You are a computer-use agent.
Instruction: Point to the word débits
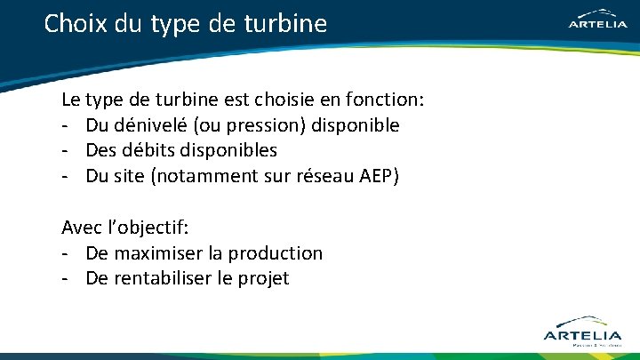click(x=153, y=150)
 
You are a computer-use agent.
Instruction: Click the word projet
click(x=264, y=278)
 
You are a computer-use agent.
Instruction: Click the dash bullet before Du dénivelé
click(x=66, y=125)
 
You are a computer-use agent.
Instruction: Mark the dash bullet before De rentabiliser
click(x=66, y=278)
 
